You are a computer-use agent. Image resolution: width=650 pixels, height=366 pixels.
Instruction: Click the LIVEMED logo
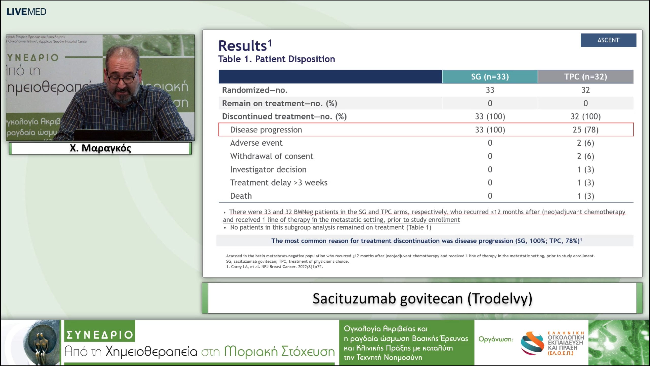(26, 12)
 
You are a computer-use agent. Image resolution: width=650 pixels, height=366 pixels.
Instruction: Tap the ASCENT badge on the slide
(608, 40)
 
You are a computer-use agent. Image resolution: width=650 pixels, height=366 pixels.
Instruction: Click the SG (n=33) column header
(490, 77)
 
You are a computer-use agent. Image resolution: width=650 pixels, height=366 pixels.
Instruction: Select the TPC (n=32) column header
(586, 77)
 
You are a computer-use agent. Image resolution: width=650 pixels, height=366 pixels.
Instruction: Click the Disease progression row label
(266, 130)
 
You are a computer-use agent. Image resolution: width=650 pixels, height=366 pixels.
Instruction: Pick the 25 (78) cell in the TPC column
(586, 130)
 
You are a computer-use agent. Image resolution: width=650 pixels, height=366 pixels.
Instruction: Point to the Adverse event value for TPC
(586, 143)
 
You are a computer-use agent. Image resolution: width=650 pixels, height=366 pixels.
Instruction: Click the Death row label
(241, 196)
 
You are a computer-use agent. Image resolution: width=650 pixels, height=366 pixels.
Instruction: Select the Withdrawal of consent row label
(271, 156)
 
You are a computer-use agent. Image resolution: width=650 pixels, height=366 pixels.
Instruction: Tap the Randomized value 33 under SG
(490, 90)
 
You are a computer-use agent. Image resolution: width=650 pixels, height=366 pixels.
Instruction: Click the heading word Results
(242, 46)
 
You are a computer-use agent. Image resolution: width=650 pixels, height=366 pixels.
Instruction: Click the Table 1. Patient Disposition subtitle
(277, 59)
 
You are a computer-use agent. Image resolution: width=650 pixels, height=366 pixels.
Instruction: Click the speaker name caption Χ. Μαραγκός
(100, 148)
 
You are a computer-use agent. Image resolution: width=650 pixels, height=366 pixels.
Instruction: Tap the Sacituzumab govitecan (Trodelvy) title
(422, 298)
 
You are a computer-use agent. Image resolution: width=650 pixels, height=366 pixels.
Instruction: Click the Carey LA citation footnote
(274, 267)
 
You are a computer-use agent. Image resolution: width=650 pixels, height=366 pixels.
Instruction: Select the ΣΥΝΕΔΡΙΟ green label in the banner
(100, 334)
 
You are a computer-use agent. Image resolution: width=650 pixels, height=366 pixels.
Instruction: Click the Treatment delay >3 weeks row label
(279, 183)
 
